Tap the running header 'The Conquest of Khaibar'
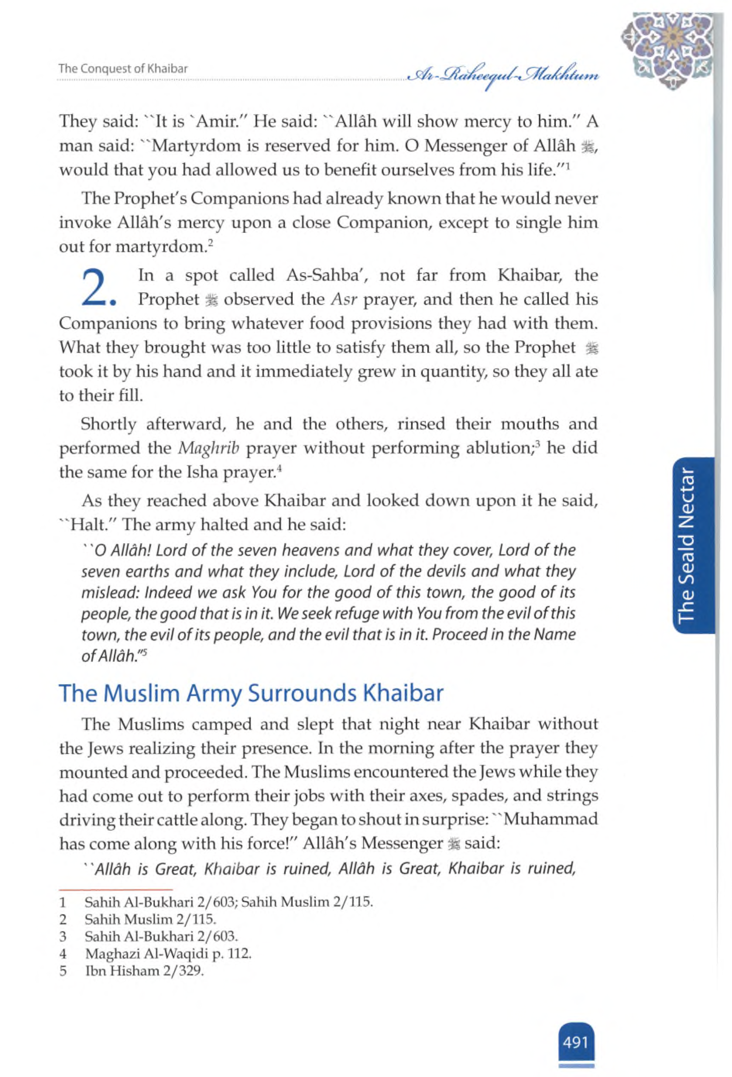coord(123,69)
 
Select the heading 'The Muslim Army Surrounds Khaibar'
coord(251,693)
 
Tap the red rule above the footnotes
coord(115,890)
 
